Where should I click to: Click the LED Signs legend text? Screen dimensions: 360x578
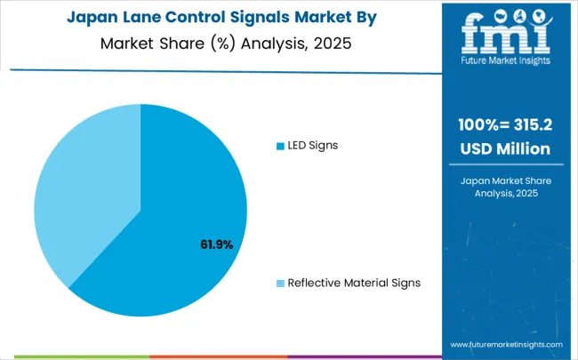(313, 146)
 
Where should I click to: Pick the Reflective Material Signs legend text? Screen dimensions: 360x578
(353, 283)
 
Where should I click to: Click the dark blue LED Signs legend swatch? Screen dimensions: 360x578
(280, 146)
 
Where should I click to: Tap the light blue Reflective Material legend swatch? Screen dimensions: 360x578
(280, 283)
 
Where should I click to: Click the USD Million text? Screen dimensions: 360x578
(503, 148)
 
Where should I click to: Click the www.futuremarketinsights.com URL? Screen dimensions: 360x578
(506, 343)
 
